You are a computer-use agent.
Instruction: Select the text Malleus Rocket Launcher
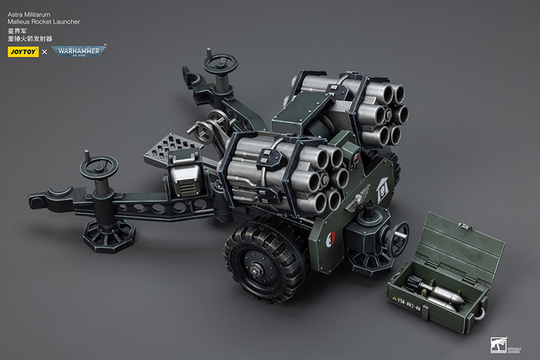[42, 22]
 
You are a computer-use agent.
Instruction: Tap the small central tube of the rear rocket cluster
[387, 113]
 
